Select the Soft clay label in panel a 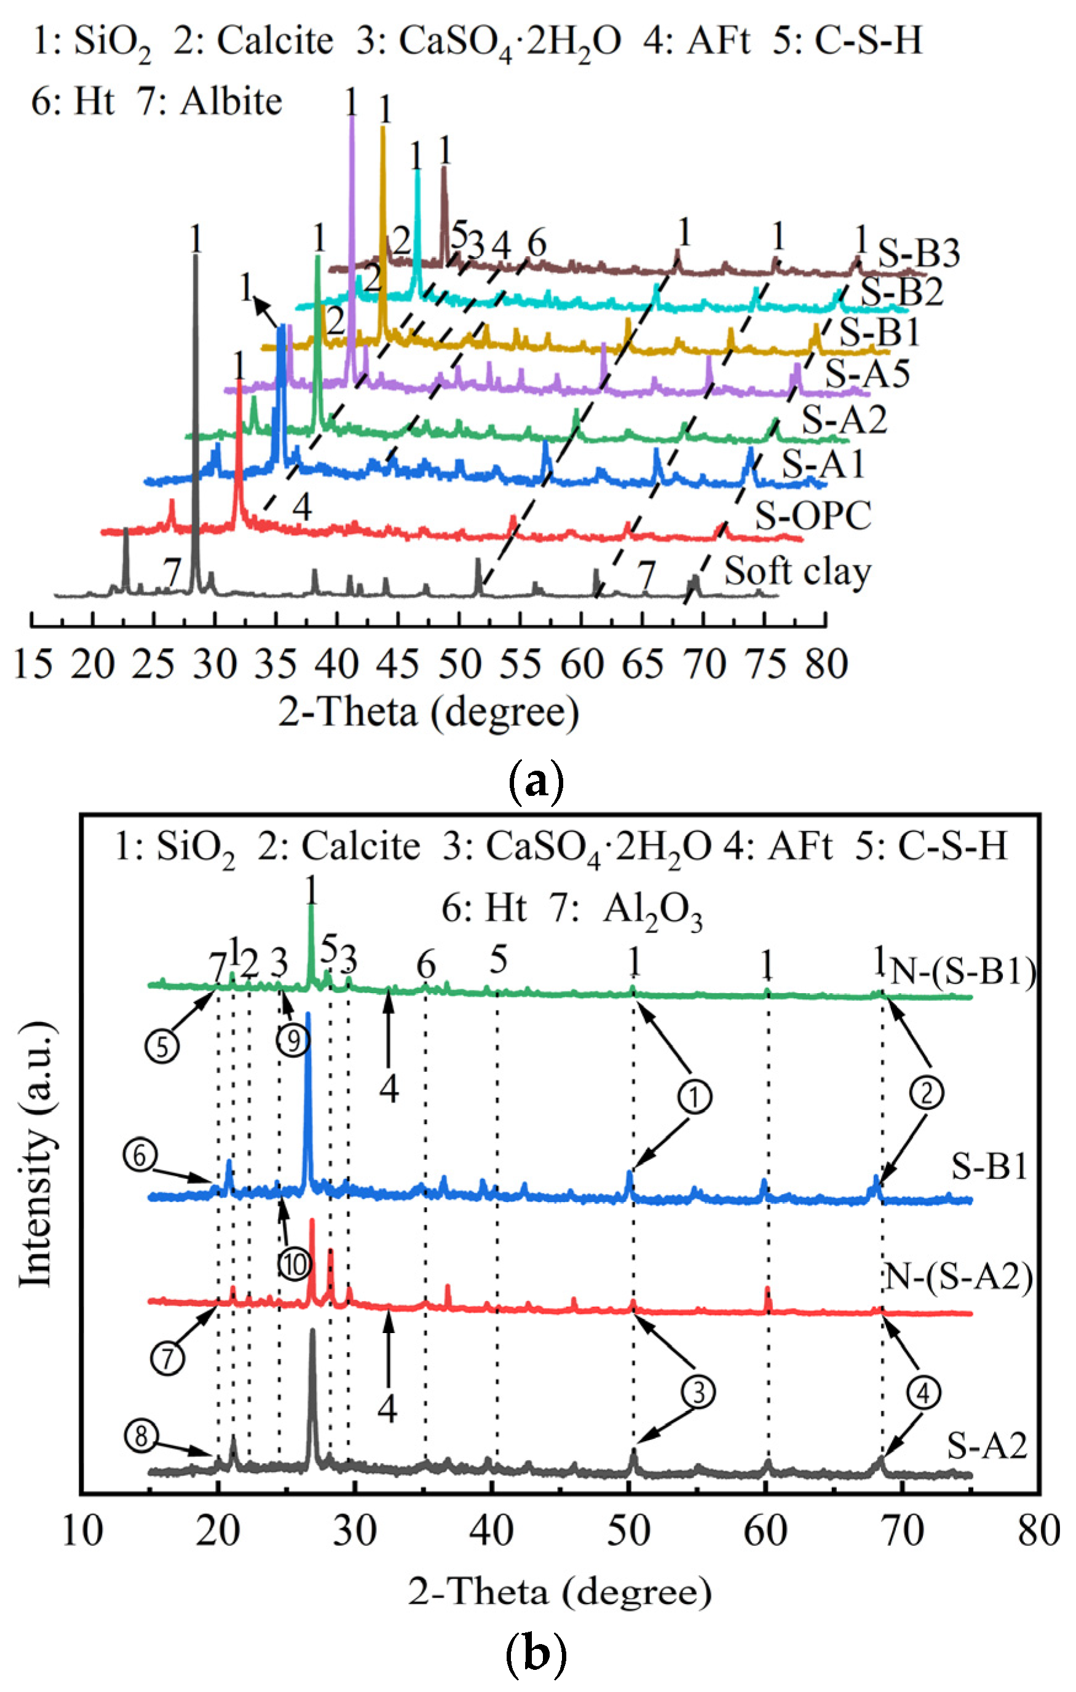coord(797,570)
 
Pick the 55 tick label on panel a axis coord(520,663)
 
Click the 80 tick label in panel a coord(826,663)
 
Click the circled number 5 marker coord(162,1047)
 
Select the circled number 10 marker coord(294,1265)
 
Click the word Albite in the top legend coord(231,101)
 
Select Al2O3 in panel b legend coord(653,911)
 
